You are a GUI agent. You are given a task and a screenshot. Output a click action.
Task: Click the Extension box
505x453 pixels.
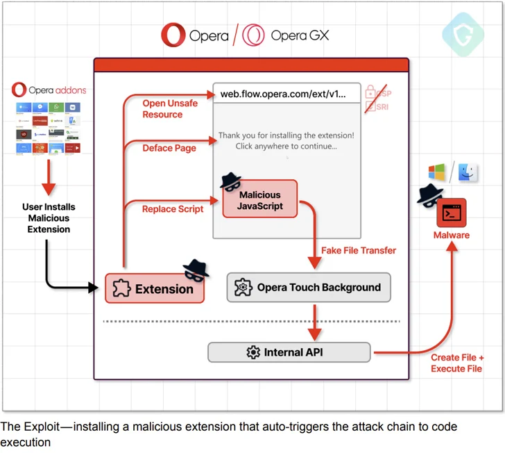click(x=155, y=288)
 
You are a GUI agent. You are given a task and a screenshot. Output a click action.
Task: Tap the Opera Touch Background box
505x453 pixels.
click(x=309, y=287)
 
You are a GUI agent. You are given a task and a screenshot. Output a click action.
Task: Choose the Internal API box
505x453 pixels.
click(x=289, y=352)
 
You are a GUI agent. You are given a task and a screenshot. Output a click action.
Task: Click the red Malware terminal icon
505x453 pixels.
click(x=451, y=213)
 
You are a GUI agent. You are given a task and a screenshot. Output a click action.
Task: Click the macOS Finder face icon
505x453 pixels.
click(x=468, y=171)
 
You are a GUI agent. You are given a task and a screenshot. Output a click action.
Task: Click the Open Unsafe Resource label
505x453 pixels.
click(x=170, y=108)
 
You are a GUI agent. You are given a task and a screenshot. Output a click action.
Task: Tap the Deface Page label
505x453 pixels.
click(x=169, y=148)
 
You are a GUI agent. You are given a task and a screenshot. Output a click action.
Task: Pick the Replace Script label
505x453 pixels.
click(x=173, y=208)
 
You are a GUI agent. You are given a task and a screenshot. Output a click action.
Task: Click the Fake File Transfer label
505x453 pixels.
click(x=359, y=250)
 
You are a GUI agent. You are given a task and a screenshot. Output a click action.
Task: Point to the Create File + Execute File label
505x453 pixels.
click(x=457, y=363)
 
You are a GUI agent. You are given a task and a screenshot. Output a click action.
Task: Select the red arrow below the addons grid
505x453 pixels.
click(x=48, y=179)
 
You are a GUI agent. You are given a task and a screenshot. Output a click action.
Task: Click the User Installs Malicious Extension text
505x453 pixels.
click(x=49, y=218)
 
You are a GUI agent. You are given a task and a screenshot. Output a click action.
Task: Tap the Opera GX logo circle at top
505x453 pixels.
click(x=254, y=35)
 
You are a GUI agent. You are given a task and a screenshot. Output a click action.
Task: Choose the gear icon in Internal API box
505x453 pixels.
click(x=253, y=352)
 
